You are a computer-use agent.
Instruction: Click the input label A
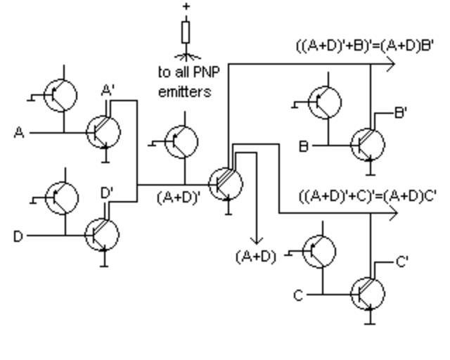[x=19, y=131]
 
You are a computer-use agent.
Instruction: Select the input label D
[x=18, y=236]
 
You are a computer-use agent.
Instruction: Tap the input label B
[x=304, y=146]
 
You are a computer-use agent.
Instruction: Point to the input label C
[x=298, y=295]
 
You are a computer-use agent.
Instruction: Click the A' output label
[x=108, y=90]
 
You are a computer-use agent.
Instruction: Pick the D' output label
[x=107, y=192]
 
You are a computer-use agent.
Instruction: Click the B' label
[x=401, y=112]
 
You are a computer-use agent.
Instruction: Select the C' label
[x=402, y=262]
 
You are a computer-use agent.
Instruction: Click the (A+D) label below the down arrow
[x=255, y=256]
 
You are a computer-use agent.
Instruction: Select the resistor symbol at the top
[x=186, y=32]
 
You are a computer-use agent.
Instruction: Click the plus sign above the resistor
[x=186, y=6]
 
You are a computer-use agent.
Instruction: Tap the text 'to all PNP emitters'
[x=184, y=82]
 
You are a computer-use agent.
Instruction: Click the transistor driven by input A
[x=103, y=131]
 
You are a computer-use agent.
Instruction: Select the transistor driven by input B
[x=368, y=144]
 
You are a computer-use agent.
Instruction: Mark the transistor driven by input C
[x=368, y=293]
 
